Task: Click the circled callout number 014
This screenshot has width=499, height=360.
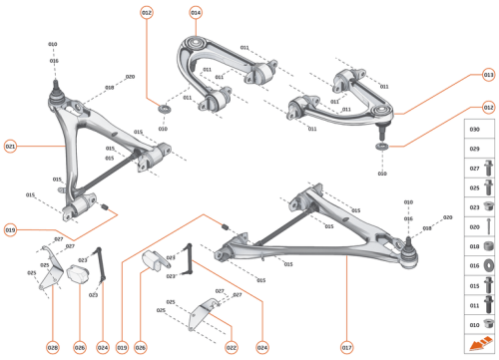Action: [195, 12]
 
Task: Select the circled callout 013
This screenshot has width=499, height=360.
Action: [488, 75]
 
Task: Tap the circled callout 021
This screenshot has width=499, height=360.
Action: [10, 146]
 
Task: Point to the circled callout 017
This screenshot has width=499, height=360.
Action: [346, 347]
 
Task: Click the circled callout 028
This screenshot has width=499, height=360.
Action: [52, 347]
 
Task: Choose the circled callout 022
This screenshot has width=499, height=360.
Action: [231, 347]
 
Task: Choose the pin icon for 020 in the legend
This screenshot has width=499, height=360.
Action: [488, 225]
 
